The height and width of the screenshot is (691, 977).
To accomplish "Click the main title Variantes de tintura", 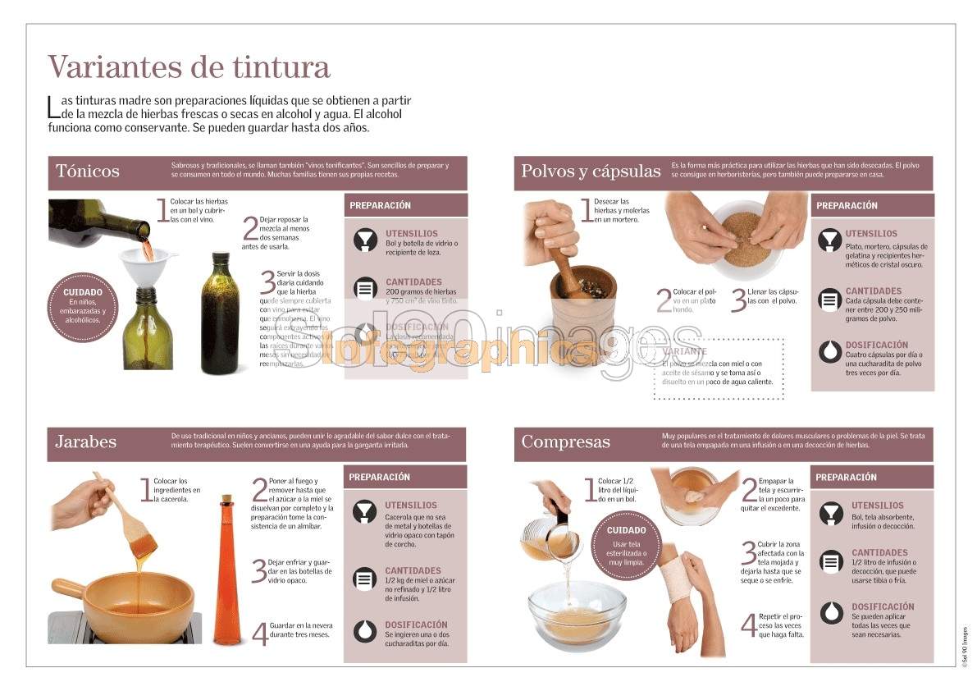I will pos(189,66).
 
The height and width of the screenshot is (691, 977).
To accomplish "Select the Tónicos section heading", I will pos(88,172).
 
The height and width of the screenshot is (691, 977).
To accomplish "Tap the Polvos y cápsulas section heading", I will pos(591,172).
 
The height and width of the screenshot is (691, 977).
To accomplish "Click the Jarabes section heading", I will pos(86,442).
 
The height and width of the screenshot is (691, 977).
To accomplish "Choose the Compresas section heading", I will pos(566,442).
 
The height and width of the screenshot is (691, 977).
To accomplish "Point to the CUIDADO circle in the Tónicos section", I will pos(83,306).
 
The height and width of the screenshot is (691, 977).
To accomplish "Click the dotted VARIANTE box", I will pos(719,368).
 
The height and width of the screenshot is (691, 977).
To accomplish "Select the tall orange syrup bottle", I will pos(227,570).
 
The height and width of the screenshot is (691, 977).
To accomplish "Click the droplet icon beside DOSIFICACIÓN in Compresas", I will pos(832,612).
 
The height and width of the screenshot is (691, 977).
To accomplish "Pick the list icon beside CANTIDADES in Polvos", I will pos(831,298).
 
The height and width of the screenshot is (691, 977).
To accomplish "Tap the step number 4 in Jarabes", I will pos(259,633).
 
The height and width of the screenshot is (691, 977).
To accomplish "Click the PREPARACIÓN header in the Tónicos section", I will pos(380,205).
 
